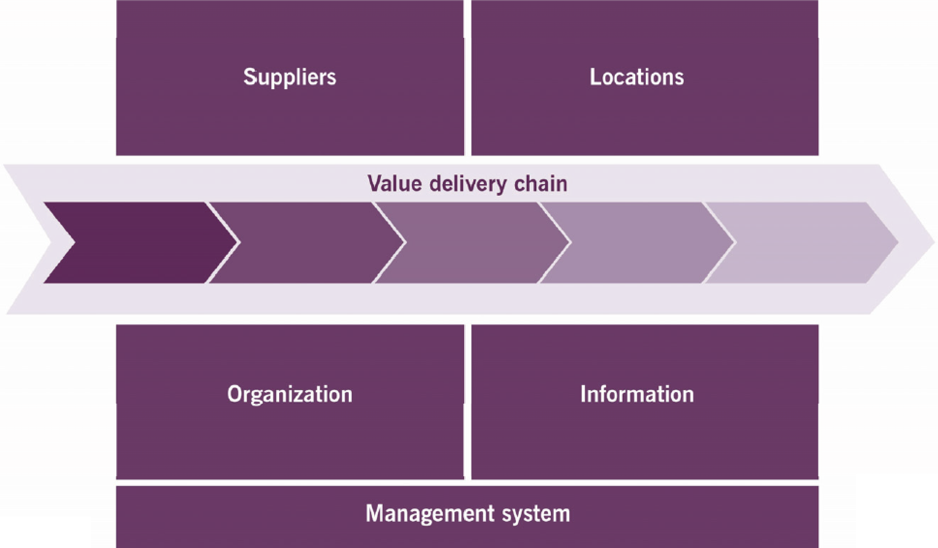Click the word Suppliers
click(x=290, y=77)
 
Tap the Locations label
click(x=637, y=77)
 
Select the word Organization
click(x=290, y=394)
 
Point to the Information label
click(x=637, y=394)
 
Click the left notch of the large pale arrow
click(x=46, y=240)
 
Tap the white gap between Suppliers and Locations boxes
click(x=468, y=78)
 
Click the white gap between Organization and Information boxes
click(x=468, y=402)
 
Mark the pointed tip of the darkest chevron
click(x=237, y=242)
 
